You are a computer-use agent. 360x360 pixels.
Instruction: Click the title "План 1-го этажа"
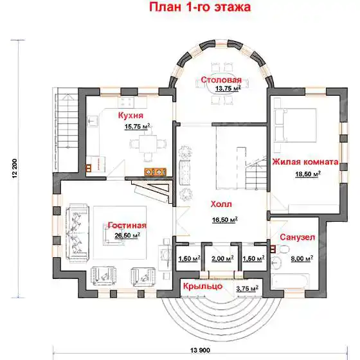tap(200, 7)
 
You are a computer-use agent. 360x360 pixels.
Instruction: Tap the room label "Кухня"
tap(130, 115)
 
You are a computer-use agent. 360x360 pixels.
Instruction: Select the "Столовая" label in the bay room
tap(221, 80)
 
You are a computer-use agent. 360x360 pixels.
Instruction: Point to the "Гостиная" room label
tap(127, 226)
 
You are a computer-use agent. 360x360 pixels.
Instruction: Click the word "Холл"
tap(221, 204)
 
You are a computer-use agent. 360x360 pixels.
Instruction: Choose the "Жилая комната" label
tap(305, 162)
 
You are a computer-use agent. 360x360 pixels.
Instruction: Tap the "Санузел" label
tap(297, 237)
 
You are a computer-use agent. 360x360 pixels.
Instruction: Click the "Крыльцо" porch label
tap(203, 286)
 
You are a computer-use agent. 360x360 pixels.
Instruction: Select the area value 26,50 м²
tap(127, 235)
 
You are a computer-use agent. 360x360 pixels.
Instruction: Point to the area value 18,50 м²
tap(308, 174)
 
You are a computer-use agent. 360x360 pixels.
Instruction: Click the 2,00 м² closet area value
tap(222, 258)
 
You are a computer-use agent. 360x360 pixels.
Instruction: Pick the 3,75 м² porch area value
tap(247, 289)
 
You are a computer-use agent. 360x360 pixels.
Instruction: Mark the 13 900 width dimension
tap(200, 350)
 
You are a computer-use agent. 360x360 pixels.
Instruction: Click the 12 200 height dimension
tap(15, 168)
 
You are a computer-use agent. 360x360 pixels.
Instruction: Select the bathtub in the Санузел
tap(290, 282)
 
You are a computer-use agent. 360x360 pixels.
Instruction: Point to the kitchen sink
tap(93, 121)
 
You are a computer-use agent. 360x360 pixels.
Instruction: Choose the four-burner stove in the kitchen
tap(126, 102)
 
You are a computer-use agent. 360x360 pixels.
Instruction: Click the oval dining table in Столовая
tap(222, 87)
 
